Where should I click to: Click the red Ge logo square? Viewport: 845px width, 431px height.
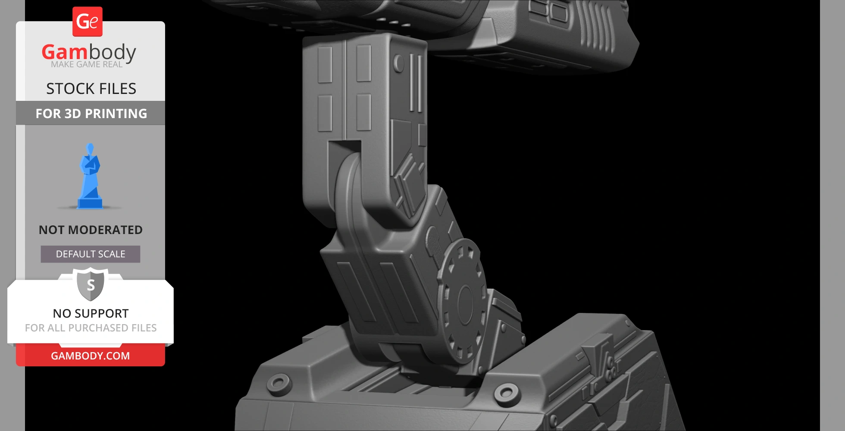tap(88, 22)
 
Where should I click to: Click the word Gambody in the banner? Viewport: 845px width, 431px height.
tap(89, 52)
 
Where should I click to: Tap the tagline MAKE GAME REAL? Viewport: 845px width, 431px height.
tap(87, 64)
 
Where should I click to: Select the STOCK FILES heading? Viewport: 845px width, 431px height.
tap(91, 89)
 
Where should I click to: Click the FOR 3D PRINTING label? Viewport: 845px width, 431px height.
tap(91, 113)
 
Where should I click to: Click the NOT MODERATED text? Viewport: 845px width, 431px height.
tap(91, 230)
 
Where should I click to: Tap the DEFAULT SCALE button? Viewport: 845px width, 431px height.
tap(91, 254)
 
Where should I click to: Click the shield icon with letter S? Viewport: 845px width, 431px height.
tap(91, 284)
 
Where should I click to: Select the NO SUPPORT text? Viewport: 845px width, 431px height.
tap(91, 313)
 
